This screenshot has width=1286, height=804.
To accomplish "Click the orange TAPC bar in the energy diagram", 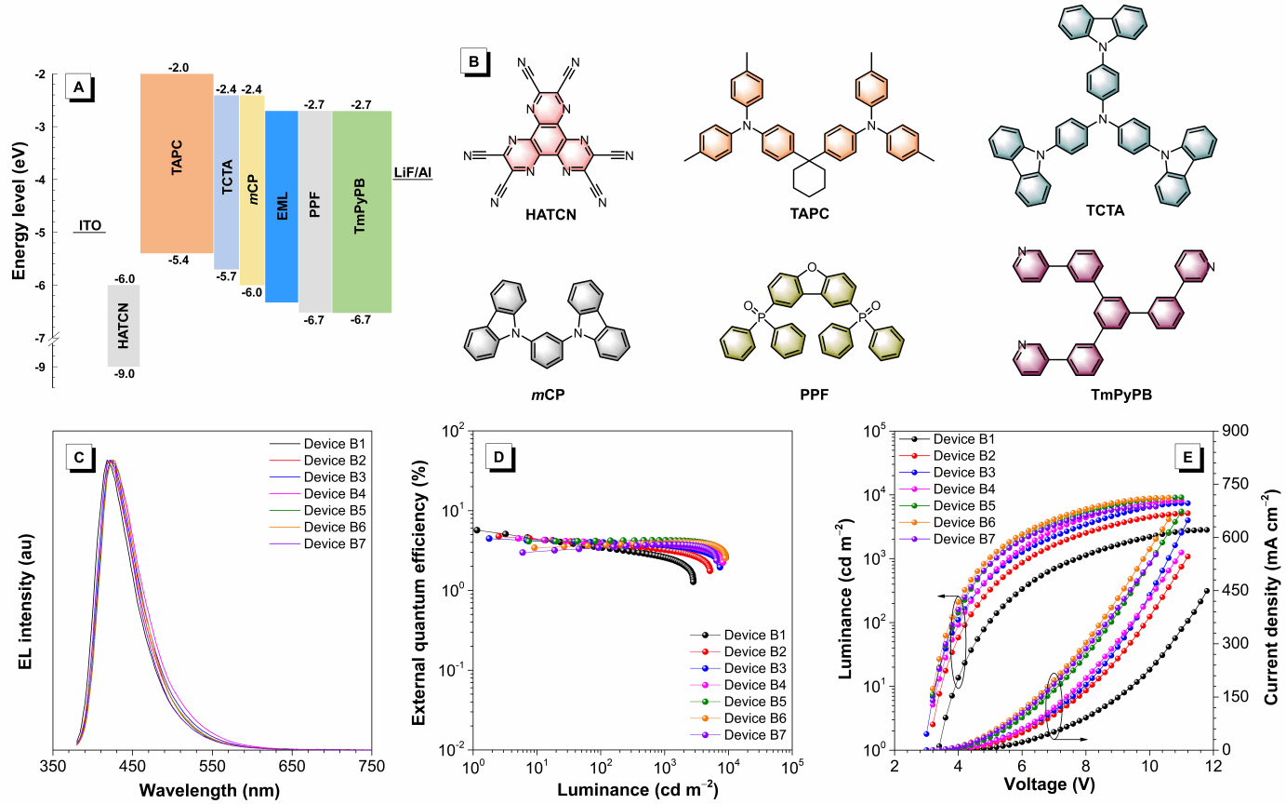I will click(x=177, y=163).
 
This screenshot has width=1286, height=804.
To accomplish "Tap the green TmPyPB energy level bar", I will click(x=361, y=211).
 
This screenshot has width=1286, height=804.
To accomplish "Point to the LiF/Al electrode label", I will click(x=413, y=173).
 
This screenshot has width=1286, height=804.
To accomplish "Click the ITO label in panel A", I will click(x=89, y=226).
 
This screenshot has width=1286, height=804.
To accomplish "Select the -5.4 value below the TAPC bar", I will click(x=177, y=261).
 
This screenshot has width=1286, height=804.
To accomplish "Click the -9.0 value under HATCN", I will click(x=124, y=373).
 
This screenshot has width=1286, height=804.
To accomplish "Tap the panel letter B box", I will click(x=473, y=63).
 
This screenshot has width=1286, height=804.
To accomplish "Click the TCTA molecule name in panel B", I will click(x=1104, y=211).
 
